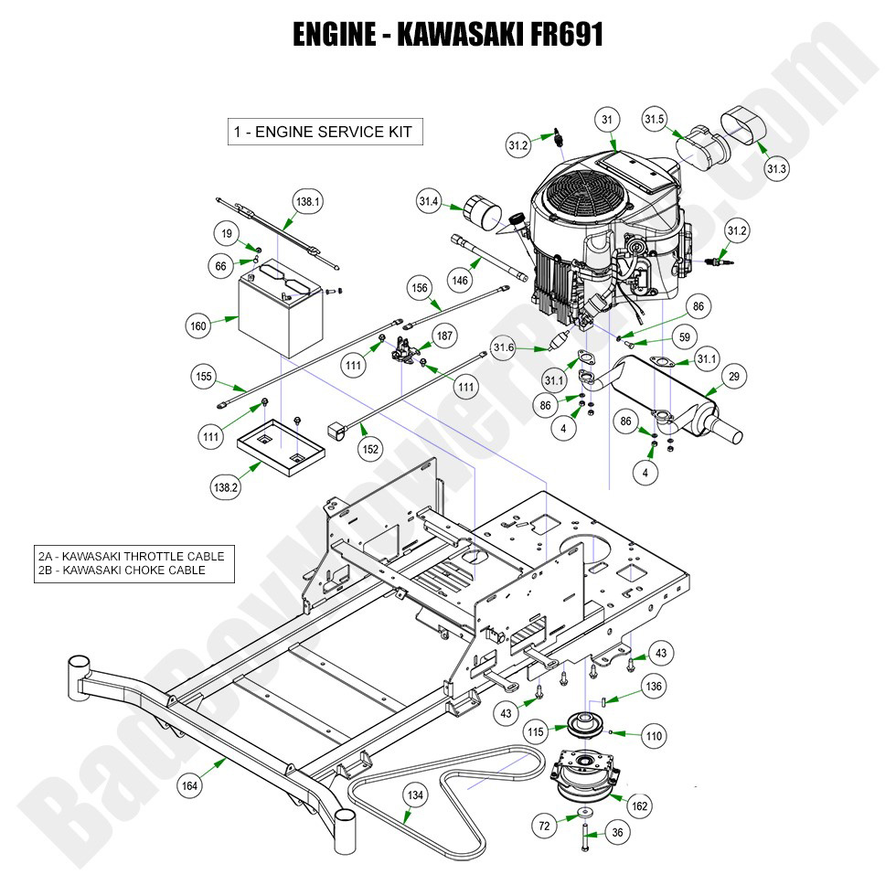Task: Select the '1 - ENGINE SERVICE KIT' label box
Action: [x=325, y=132]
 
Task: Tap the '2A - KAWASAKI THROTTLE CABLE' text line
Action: [x=131, y=556]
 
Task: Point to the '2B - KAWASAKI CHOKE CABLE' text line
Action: [x=122, y=571]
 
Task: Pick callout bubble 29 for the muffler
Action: [x=734, y=376]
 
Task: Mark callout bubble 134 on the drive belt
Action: [x=415, y=796]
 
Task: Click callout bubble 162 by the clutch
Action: [x=640, y=805]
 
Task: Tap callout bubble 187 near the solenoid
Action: [x=443, y=336]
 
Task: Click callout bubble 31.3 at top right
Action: [x=775, y=168]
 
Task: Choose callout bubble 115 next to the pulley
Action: [x=535, y=732]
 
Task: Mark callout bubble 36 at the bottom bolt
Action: [x=617, y=832]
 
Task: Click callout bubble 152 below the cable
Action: [x=370, y=449]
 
